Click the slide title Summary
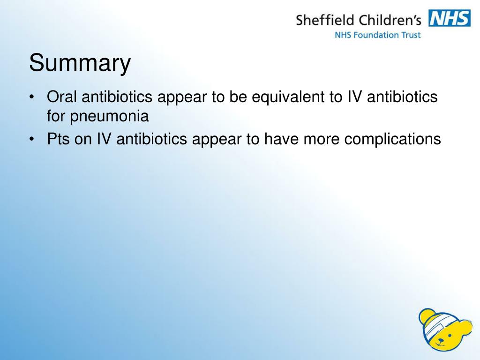(80, 64)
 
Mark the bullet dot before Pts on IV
(31, 139)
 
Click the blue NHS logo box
(450, 19)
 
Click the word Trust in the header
(411, 35)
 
